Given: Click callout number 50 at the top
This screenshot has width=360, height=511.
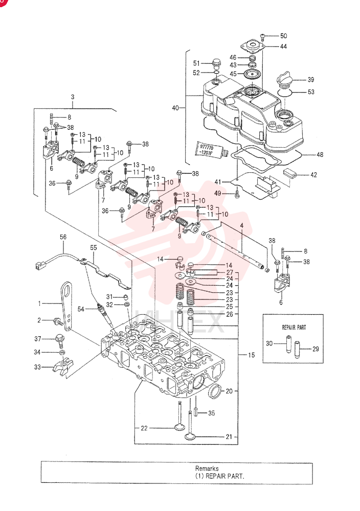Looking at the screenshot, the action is (283, 36).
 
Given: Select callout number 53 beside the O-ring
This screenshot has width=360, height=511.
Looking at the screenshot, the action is (311, 92).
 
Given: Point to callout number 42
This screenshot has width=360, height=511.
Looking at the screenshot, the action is (313, 175).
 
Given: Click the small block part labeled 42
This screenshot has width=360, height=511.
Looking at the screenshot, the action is (290, 172).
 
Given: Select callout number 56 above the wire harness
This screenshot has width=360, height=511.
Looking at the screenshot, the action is (63, 237).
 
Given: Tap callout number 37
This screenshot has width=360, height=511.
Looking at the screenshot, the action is (38, 339).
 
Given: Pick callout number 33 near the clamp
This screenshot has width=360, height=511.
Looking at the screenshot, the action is (37, 367).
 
